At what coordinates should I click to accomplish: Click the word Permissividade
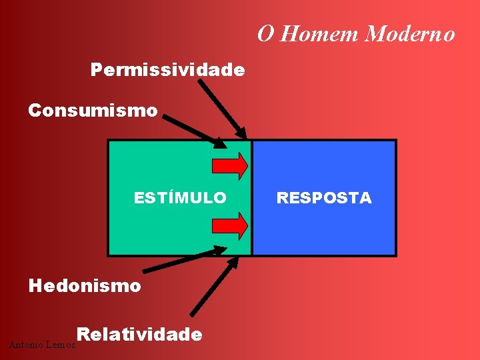click(x=167, y=69)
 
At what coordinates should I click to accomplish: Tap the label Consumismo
click(x=93, y=110)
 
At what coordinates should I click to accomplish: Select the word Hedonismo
click(x=85, y=286)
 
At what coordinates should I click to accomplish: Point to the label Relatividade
click(x=139, y=334)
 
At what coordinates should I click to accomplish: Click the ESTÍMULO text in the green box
click(x=180, y=198)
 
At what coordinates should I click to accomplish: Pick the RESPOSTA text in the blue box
click(x=324, y=198)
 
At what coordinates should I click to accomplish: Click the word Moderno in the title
click(x=410, y=33)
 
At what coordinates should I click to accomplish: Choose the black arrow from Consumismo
click(x=193, y=130)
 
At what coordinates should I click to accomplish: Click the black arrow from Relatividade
click(x=213, y=287)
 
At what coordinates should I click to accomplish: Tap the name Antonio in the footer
click(x=25, y=345)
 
